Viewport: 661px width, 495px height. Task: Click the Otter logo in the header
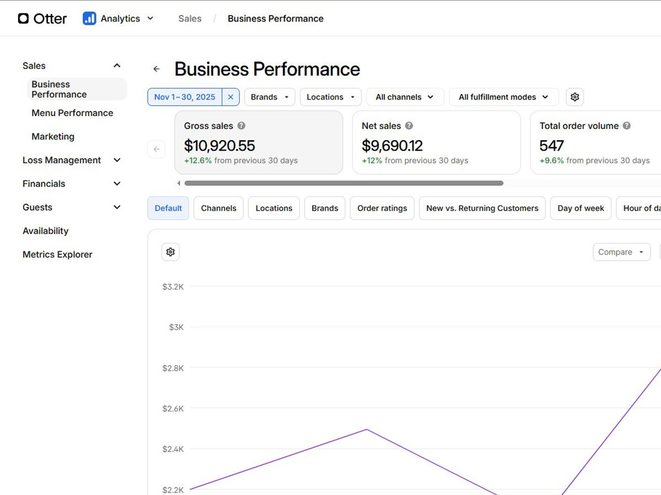pos(42,19)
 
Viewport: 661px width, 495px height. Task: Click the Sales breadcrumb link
pos(189,19)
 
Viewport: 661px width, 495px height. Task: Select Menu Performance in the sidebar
pos(72,113)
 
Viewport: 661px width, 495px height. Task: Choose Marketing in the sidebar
pos(53,136)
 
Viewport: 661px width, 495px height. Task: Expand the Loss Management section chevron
pos(117,160)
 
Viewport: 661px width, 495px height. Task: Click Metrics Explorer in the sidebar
pos(57,255)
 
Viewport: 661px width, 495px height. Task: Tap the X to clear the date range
pos(231,97)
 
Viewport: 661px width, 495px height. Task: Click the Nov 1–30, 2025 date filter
pos(185,97)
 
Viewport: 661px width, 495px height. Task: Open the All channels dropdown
pos(405,97)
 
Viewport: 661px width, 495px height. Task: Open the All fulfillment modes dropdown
pos(503,97)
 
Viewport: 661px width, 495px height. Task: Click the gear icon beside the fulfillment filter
pos(575,97)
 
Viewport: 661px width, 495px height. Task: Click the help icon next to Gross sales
pos(241,125)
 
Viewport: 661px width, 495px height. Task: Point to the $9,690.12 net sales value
pos(392,146)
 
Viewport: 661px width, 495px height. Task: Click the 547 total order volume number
pos(551,146)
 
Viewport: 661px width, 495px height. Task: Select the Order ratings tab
pos(382,208)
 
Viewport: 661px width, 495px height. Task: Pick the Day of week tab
pos(581,208)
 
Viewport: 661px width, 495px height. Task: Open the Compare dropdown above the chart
pos(621,252)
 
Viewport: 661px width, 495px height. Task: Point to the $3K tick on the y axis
pos(176,327)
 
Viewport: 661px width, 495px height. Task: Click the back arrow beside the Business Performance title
pos(156,69)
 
